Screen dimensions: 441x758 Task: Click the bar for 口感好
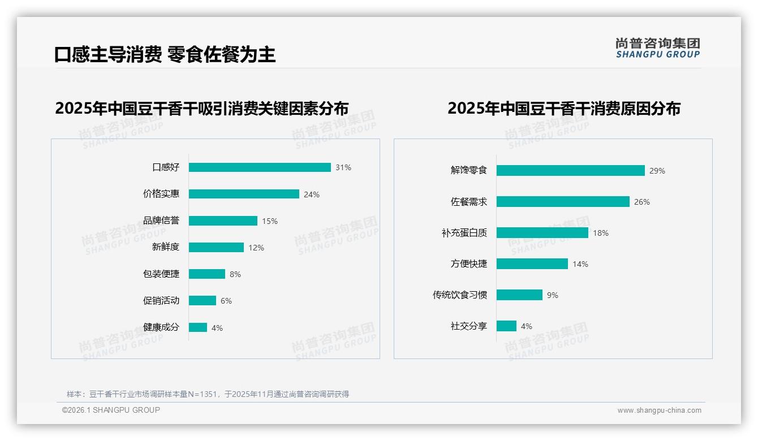(260, 167)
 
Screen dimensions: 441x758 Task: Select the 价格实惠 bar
(244, 194)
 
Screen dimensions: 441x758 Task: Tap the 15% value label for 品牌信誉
(270, 221)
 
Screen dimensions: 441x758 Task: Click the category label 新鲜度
(165, 247)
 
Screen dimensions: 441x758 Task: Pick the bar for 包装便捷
(207, 274)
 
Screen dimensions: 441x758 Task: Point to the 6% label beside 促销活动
(226, 301)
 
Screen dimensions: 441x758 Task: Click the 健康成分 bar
(198, 327)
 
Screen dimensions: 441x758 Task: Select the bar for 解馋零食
(570, 170)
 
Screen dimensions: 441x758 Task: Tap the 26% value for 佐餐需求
(642, 202)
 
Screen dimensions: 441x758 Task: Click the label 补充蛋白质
(464, 233)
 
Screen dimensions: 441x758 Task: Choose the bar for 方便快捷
(532, 264)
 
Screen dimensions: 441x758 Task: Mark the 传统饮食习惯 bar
(519, 295)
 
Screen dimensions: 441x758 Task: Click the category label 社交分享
(468, 326)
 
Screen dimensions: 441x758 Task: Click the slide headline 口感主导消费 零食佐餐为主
(165, 55)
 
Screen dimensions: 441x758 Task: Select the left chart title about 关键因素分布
(201, 108)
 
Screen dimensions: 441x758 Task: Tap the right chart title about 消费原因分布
(564, 108)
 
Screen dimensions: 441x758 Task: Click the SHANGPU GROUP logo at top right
(658, 48)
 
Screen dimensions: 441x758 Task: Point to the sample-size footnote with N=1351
(208, 394)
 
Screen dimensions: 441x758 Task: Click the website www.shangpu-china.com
(659, 410)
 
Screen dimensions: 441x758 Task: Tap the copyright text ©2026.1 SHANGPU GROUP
(111, 410)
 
